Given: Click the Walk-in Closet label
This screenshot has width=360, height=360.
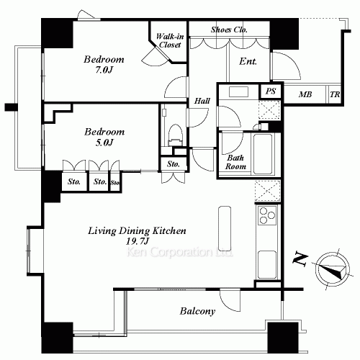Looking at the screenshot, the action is click(170, 40).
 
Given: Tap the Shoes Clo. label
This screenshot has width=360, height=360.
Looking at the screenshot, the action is click(229, 30).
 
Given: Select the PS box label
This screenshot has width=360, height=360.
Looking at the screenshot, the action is click(271, 91).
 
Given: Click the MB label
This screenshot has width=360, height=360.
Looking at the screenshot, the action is click(305, 94).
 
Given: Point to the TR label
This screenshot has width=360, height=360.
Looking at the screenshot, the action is click(335, 94).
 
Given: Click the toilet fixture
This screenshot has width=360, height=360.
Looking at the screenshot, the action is click(175, 135).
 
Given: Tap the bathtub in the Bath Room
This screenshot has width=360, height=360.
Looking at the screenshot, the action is click(263, 154).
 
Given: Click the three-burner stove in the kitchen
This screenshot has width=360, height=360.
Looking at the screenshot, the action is click(267, 215).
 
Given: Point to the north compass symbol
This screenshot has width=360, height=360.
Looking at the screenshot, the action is click(333, 269).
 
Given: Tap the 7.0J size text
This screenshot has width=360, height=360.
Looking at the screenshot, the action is click(104, 70).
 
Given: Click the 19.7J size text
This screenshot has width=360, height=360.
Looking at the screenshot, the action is click(138, 241).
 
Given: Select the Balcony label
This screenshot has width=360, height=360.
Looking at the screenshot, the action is click(197, 311).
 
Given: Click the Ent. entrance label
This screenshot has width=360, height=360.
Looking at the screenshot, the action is click(248, 61).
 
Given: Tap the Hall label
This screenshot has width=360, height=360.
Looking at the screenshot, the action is click(202, 101).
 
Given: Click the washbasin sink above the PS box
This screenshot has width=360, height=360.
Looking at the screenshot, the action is click(238, 91).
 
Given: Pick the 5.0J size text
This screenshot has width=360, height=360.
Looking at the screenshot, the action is click(104, 143).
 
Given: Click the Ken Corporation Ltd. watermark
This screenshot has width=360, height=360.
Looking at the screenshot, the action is click(179, 252).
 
